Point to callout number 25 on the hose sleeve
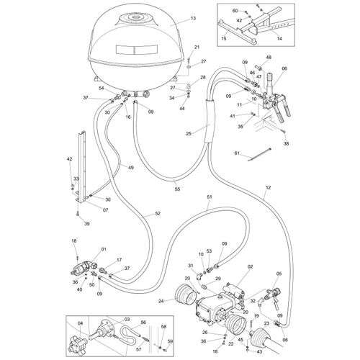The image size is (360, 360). click(x=188, y=134)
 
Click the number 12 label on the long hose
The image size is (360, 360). click(x=267, y=188)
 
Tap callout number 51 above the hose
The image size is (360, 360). click(x=209, y=197)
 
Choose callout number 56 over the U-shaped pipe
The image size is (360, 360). click(x=143, y=323)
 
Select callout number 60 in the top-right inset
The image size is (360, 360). click(x=235, y=11)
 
